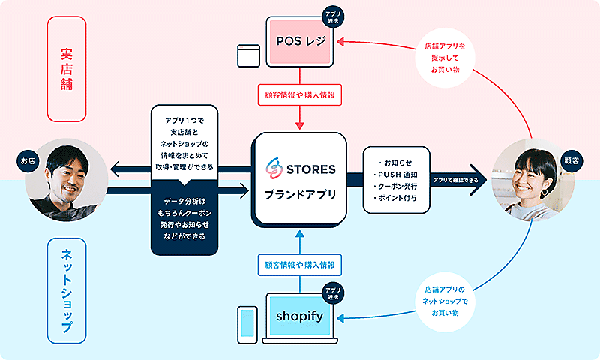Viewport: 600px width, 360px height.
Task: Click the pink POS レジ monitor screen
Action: coord(299,38)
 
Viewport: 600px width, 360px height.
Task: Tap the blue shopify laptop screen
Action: coord(299,315)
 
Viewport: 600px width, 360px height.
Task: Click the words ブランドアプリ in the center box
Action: coord(299,195)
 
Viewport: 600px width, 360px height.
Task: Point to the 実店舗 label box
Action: coord(66,69)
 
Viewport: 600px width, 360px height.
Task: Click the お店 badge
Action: coord(28,160)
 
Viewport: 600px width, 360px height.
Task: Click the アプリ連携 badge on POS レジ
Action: coord(331,17)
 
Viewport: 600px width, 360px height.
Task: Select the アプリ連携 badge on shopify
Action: coord(331,293)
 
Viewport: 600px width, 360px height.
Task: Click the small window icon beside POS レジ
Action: coord(247,55)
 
